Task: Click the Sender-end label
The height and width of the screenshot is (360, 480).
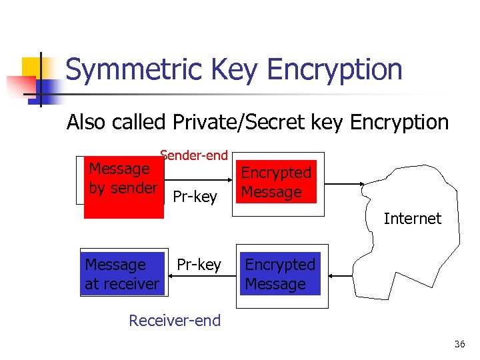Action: [194, 155]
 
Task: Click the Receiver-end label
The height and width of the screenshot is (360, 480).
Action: [175, 320]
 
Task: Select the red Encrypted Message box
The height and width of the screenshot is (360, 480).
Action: [277, 182]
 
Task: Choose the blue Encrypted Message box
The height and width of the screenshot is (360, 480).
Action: [280, 274]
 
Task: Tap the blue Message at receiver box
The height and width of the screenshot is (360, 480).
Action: [123, 274]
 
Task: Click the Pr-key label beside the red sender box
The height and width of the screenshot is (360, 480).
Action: [195, 197]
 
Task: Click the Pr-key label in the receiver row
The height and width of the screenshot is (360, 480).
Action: [199, 265]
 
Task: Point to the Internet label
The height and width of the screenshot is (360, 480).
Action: [412, 218]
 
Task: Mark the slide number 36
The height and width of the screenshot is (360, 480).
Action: [459, 344]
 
